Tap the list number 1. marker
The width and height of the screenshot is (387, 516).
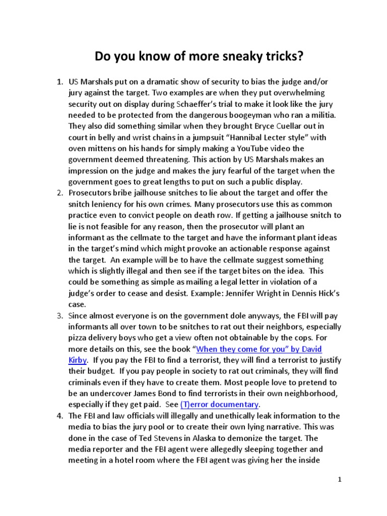click(59, 82)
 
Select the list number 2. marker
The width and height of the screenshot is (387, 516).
click(59, 193)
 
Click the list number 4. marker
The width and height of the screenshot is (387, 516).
click(59, 416)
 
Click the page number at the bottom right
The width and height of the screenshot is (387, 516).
click(340, 480)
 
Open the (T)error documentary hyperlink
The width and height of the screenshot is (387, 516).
click(220, 405)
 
